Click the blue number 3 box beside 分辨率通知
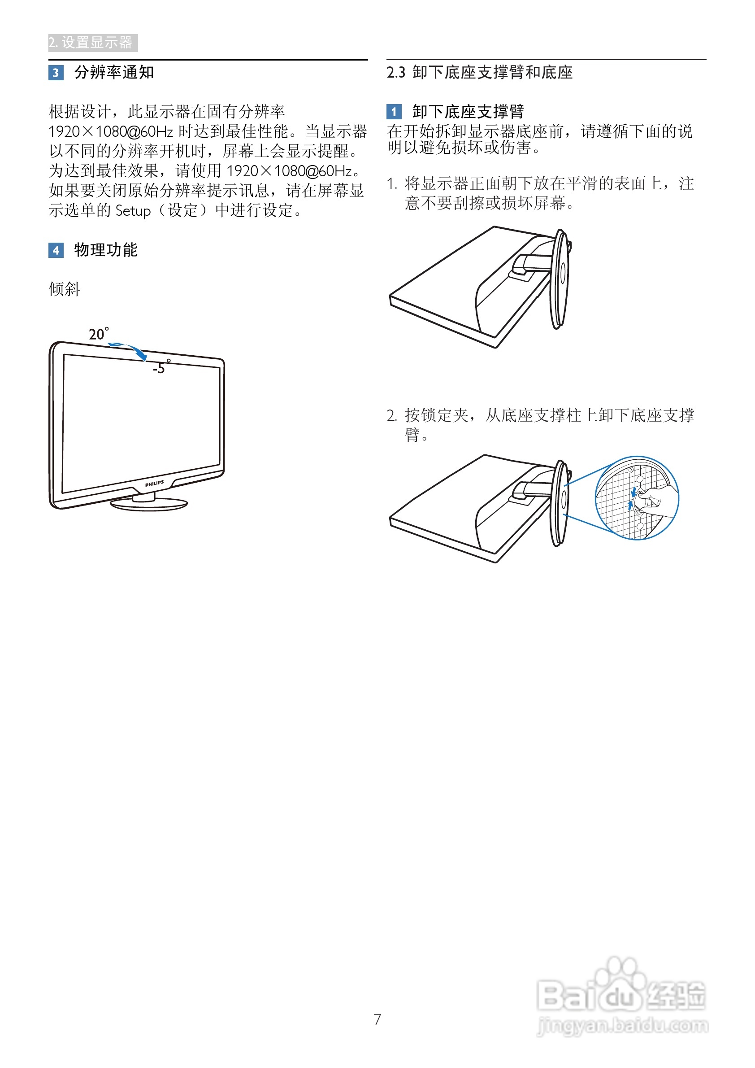coord(56,73)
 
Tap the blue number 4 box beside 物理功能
coord(56,250)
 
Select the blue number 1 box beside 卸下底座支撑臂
coord(394,112)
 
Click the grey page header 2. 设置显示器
coord(92,43)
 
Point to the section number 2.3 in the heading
coord(395,73)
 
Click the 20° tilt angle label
coord(99,334)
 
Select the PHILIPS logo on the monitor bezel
coord(154,484)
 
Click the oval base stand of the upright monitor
coord(149,504)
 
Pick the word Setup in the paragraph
coord(133,211)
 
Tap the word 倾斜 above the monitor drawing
coord(65,289)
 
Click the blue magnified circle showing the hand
coord(637,498)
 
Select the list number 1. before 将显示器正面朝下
coord(391,184)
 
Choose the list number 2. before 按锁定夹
coord(391,415)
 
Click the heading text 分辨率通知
coord(114,73)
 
